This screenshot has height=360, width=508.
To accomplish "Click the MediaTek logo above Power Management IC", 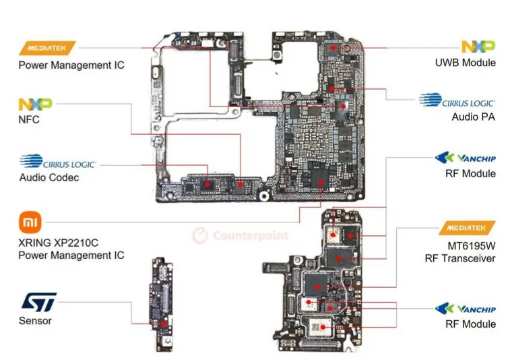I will pos(47,49).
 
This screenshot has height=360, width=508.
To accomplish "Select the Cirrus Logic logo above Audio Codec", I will pos(59,162).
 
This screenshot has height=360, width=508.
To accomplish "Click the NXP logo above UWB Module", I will pos(478,47).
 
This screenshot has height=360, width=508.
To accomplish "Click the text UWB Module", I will pos(465,63).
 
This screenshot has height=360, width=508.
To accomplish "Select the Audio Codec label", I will pos(49,178).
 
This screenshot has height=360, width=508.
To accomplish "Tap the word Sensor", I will pos(35,321).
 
